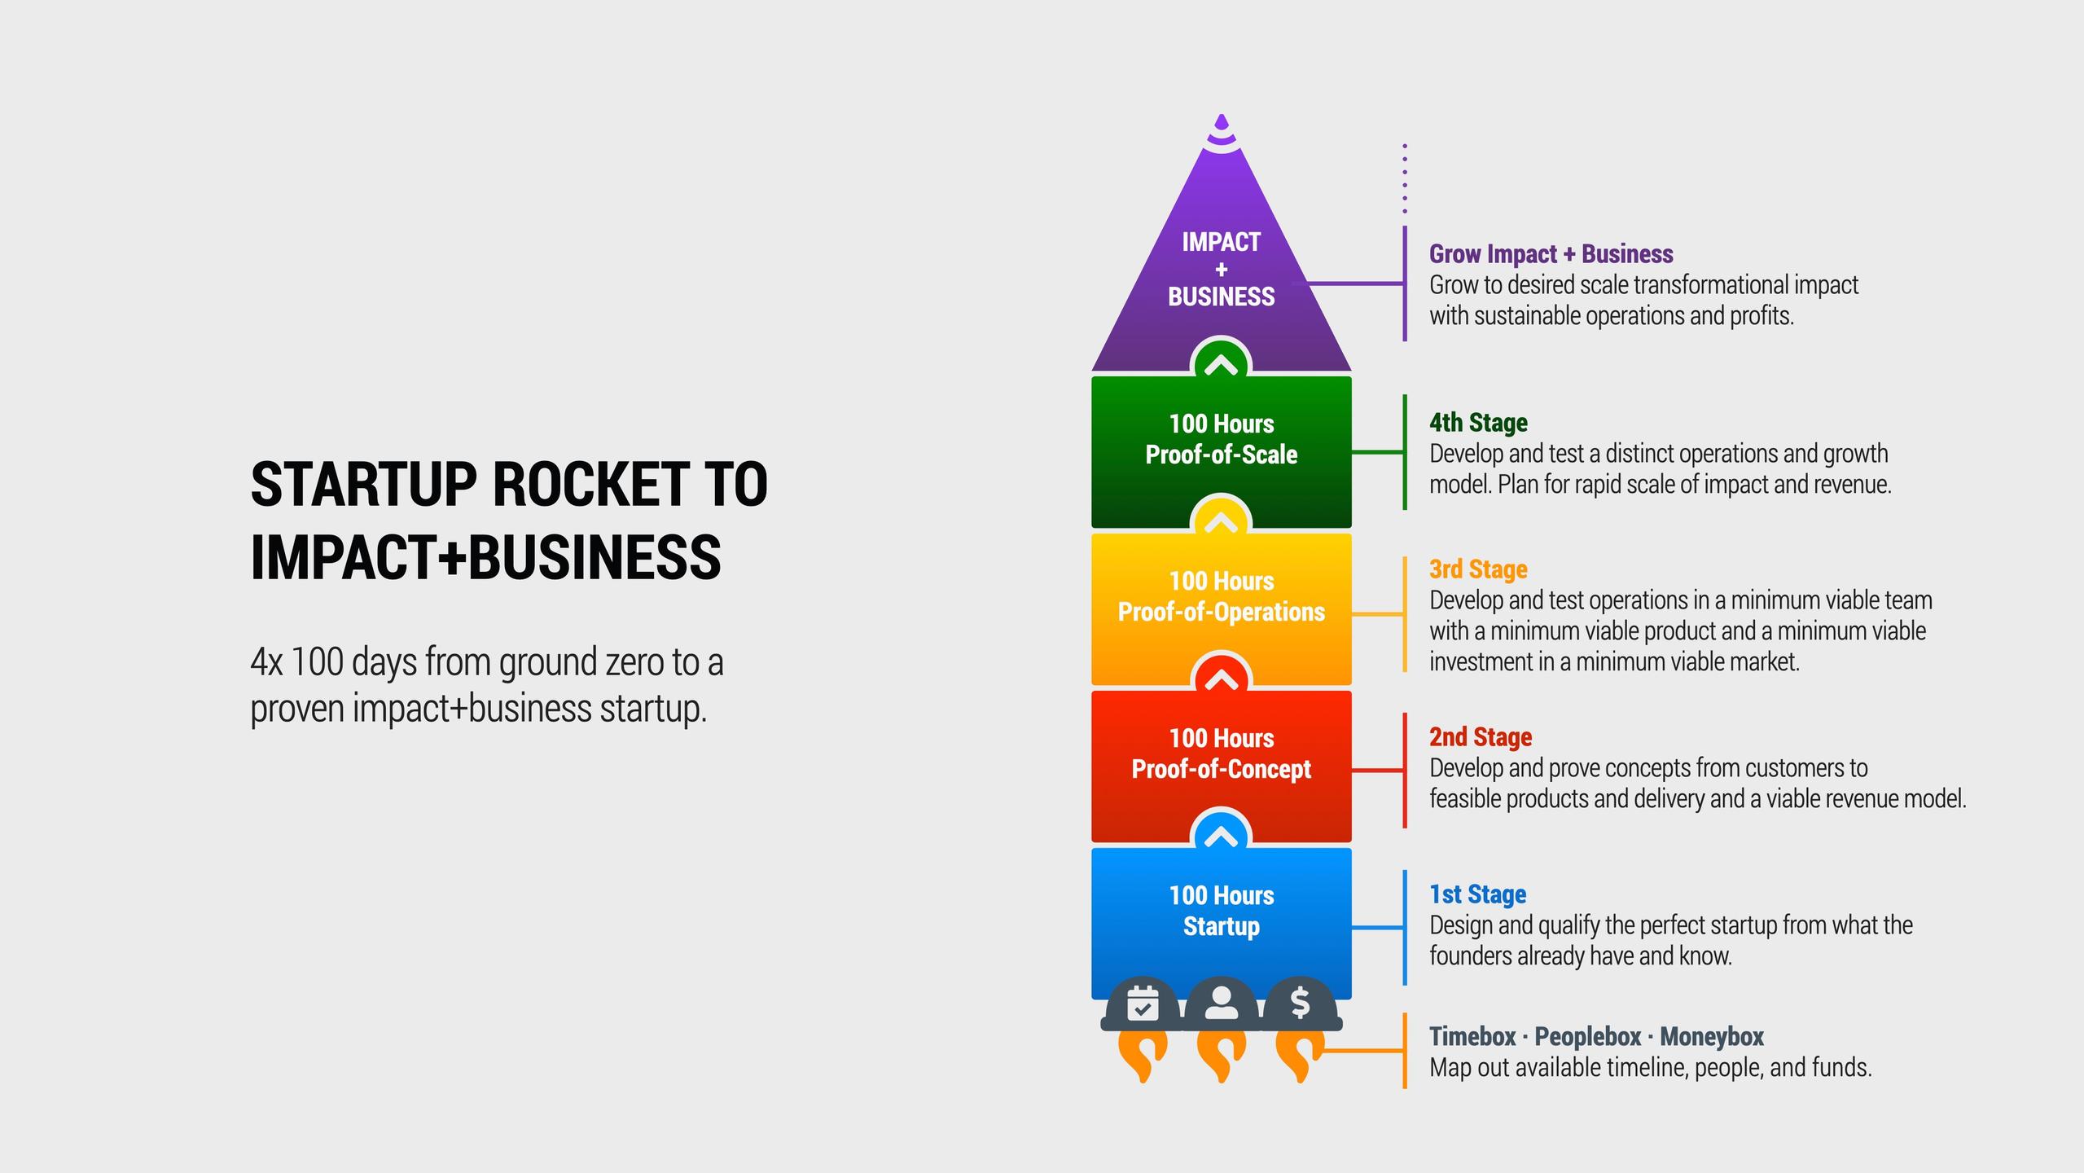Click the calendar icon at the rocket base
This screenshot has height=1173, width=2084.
1142,1004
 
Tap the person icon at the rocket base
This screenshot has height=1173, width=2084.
1221,1003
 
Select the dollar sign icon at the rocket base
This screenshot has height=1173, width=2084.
1300,1003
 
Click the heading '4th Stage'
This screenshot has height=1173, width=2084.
1478,423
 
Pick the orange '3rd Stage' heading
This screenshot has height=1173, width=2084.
1478,569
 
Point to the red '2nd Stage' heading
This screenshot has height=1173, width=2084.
1481,737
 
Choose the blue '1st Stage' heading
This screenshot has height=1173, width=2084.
1477,894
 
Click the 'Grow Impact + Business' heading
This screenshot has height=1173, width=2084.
1551,254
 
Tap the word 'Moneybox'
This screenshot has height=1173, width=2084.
1711,1037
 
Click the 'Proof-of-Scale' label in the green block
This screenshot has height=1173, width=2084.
1221,455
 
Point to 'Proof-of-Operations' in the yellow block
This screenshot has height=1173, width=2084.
1221,612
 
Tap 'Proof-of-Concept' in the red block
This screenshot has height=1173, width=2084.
1221,769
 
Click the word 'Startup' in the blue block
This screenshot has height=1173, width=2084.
1221,926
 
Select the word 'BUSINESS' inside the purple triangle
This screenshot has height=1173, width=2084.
1221,297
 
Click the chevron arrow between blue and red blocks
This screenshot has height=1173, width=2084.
1221,836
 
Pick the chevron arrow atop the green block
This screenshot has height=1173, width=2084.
1221,365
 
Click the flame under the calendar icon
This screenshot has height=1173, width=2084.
1142,1056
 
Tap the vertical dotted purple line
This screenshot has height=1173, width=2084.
1405,178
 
